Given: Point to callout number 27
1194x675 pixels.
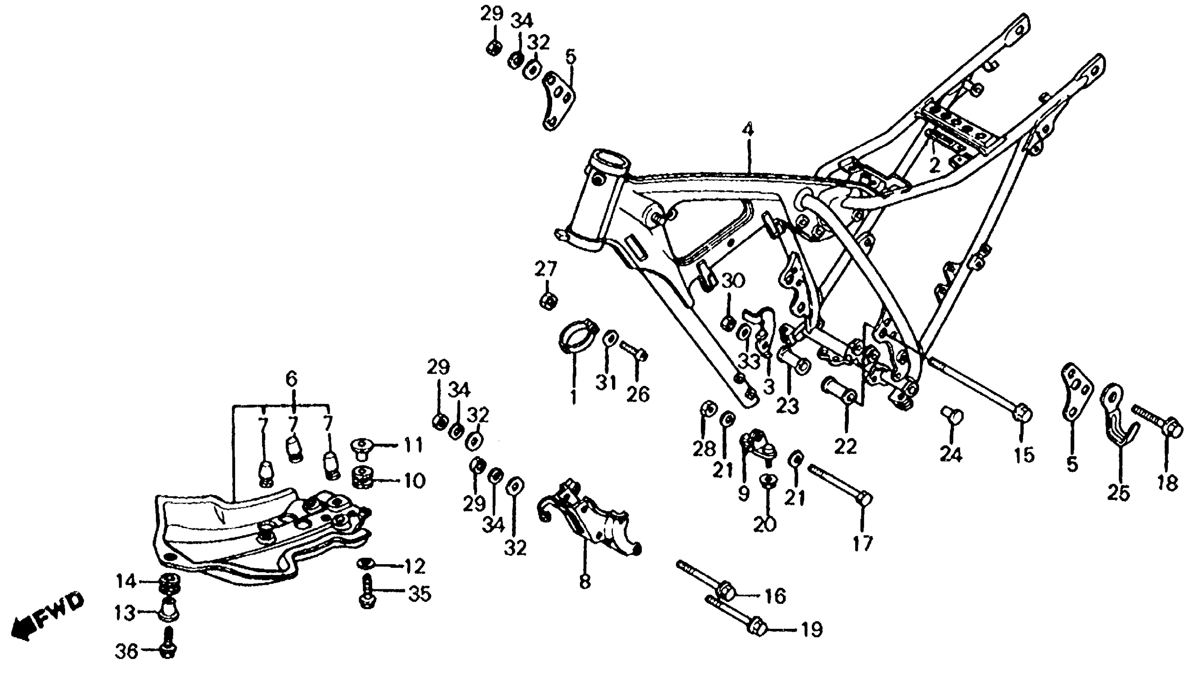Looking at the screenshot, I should (545, 269).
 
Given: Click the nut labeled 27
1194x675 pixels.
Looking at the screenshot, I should (548, 302).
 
